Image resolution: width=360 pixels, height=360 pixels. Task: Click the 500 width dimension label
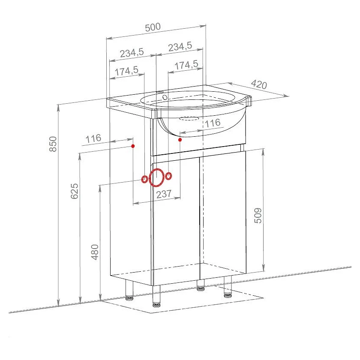click(x=153, y=27)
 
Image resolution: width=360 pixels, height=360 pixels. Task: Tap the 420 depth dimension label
click(x=259, y=84)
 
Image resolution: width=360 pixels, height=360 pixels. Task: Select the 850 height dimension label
click(x=53, y=144)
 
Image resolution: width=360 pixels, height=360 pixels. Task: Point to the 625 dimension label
click(x=75, y=191)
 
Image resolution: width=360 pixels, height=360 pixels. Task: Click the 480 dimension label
click(x=95, y=252)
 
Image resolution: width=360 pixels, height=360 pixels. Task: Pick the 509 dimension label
click(x=258, y=215)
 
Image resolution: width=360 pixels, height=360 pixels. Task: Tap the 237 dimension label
click(x=164, y=194)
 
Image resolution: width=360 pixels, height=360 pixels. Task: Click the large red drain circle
click(x=156, y=177)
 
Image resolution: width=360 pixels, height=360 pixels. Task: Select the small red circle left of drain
click(x=144, y=179)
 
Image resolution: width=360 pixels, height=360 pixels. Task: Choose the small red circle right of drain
click(x=168, y=176)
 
